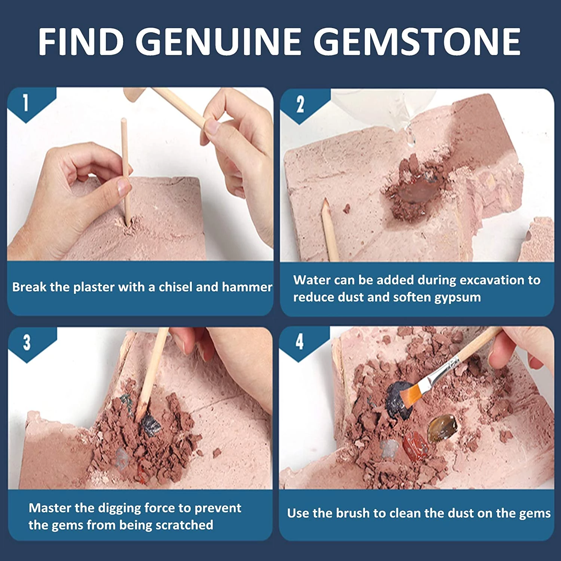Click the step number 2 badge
click(300, 105)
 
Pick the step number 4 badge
click(300, 341)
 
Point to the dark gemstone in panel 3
click(150, 425)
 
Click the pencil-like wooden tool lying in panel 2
click(330, 230)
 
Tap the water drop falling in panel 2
click(411, 137)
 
